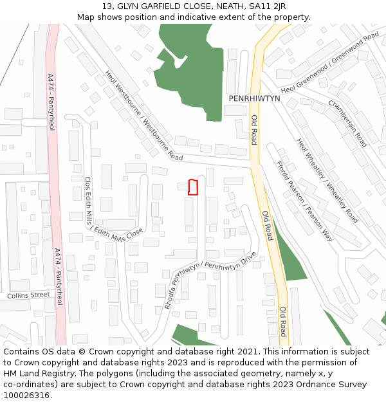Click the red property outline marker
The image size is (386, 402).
coord(192,187)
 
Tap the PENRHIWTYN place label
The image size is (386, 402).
coord(255,98)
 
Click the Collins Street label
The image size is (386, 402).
coord(28,295)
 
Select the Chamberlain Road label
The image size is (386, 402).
coord(347,123)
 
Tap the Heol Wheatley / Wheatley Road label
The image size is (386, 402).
coord(327,181)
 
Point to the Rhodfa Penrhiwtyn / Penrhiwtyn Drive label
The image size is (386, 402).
coord(210,280)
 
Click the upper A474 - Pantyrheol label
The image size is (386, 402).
coord(51,102)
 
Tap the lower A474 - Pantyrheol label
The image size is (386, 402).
coord(59,277)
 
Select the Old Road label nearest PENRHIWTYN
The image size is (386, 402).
coord(254,129)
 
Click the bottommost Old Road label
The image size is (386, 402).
coord(282,321)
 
